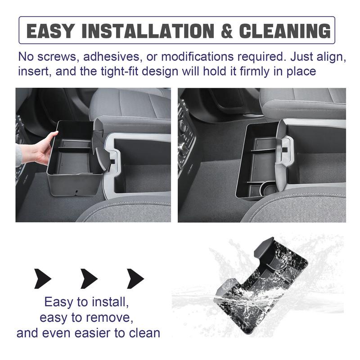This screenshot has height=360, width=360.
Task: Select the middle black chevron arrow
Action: (x=89, y=279)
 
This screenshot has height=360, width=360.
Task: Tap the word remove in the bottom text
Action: (x=110, y=318)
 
